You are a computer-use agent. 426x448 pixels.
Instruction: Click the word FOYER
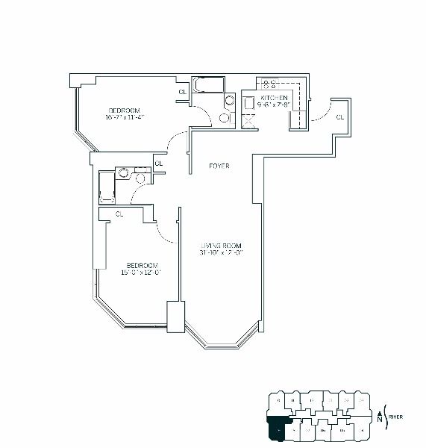pyautogui.click(x=219, y=166)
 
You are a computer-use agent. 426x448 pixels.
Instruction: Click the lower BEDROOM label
pyautogui.click(x=141, y=265)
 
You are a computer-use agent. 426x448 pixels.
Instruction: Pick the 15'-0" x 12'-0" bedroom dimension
pyautogui.click(x=141, y=273)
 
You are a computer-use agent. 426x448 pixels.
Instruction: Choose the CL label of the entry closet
pyautogui.click(x=339, y=117)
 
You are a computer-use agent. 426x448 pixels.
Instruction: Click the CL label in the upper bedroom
pyautogui.click(x=182, y=93)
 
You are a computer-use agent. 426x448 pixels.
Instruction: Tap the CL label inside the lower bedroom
pyautogui.click(x=119, y=215)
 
